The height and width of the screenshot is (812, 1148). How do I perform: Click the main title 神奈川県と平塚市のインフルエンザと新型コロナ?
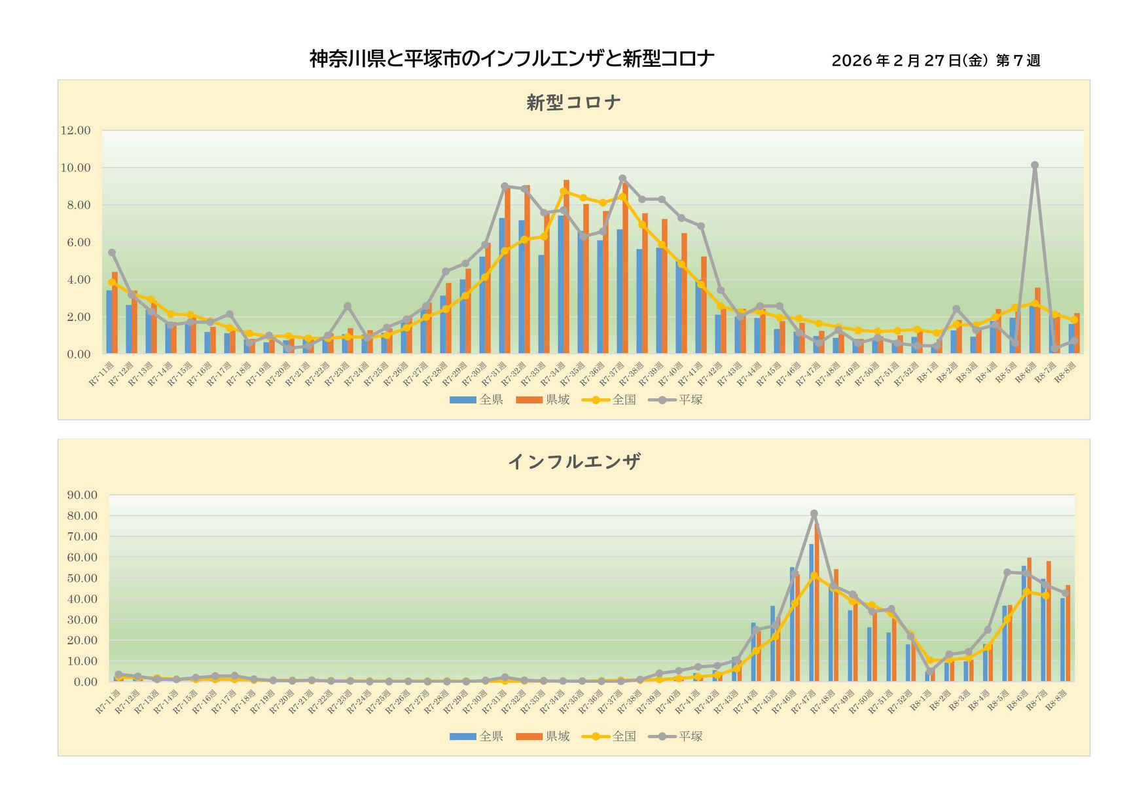pyautogui.click(x=511, y=60)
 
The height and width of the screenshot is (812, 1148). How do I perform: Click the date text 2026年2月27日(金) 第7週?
pyautogui.click(x=935, y=61)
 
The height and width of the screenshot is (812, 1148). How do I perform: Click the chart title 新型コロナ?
pyautogui.click(x=573, y=103)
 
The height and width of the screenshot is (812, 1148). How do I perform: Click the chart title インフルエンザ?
pyautogui.click(x=573, y=462)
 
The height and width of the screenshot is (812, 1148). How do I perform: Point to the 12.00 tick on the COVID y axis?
pyautogui.click(x=75, y=130)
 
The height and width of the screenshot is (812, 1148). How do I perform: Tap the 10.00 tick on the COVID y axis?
pyautogui.click(x=75, y=168)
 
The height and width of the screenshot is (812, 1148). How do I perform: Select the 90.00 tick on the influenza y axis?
pyautogui.click(x=82, y=495)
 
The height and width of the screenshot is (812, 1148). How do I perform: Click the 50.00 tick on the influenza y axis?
pyautogui.click(x=82, y=578)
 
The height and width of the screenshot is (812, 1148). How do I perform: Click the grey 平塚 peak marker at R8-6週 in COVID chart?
pyautogui.click(x=1035, y=166)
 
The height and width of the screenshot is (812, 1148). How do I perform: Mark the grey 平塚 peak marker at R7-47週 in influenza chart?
pyautogui.click(x=814, y=514)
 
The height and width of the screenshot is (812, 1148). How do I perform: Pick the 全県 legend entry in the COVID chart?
pyautogui.click(x=476, y=399)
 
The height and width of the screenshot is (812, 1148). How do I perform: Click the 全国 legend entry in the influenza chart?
pyautogui.click(x=609, y=736)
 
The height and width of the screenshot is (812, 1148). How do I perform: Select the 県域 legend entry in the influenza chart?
pyautogui.click(x=543, y=736)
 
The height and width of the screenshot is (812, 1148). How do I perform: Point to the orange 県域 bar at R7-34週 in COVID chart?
pyautogui.click(x=566, y=267)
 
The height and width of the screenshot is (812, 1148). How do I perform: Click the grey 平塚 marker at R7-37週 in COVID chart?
pyautogui.click(x=622, y=178)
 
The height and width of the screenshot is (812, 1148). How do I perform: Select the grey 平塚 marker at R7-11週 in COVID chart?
pyautogui.click(x=112, y=252)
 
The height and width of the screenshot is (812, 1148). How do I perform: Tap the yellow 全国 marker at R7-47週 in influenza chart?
pyautogui.click(x=814, y=576)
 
